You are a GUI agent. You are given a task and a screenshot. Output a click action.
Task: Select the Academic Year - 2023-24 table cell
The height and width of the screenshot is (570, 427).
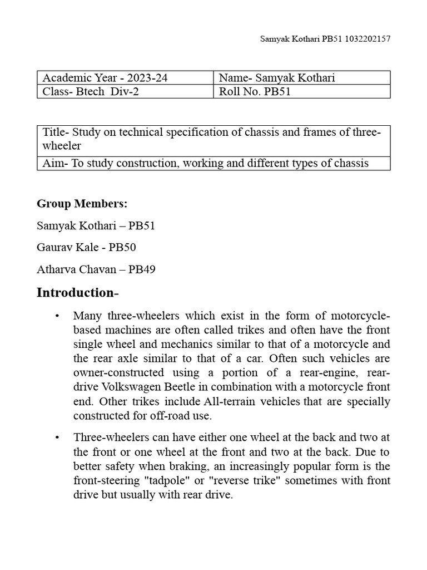(x=125, y=78)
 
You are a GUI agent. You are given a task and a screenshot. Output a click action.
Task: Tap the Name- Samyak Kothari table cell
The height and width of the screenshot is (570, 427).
(x=302, y=78)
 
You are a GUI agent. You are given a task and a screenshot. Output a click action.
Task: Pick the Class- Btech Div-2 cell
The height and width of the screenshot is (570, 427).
(x=125, y=92)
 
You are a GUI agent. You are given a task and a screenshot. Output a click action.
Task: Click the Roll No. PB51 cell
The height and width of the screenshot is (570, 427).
(x=302, y=92)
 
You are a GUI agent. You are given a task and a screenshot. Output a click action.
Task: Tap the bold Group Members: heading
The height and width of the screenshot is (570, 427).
(x=82, y=204)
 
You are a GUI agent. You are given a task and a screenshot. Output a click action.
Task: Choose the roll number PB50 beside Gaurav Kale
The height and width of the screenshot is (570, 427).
(x=122, y=248)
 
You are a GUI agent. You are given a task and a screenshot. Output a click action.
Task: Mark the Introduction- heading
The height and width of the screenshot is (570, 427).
(x=78, y=293)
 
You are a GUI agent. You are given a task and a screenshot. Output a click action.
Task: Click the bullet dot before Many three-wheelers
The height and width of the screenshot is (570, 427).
(x=57, y=316)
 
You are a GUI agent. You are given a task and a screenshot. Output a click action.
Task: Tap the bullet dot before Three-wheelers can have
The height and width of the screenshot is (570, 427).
(x=57, y=437)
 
